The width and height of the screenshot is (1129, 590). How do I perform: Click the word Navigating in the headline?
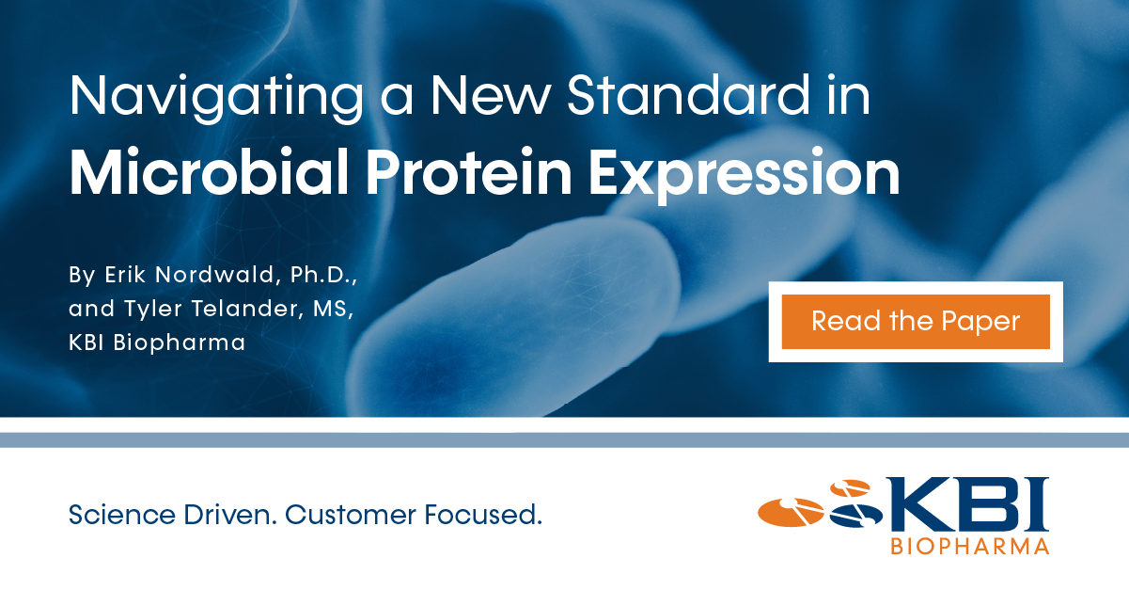[x=216, y=98]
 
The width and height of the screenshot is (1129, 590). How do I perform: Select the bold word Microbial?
[x=210, y=171]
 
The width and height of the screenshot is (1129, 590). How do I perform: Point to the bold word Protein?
[x=469, y=172]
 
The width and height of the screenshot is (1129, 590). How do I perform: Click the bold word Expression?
[x=744, y=175]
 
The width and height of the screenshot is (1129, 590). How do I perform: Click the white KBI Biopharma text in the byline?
[x=157, y=343]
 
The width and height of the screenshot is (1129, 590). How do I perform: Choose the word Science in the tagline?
[x=122, y=515]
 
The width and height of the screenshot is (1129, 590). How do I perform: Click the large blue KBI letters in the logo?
[x=967, y=504]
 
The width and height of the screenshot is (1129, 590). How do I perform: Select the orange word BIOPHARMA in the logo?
[x=970, y=547]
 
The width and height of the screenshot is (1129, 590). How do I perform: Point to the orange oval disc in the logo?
[x=791, y=512]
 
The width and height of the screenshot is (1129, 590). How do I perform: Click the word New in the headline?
[x=490, y=95]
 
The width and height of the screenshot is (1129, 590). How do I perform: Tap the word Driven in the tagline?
[x=230, y=515]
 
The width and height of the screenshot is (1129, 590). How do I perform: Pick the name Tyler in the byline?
[x=153, y=309]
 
